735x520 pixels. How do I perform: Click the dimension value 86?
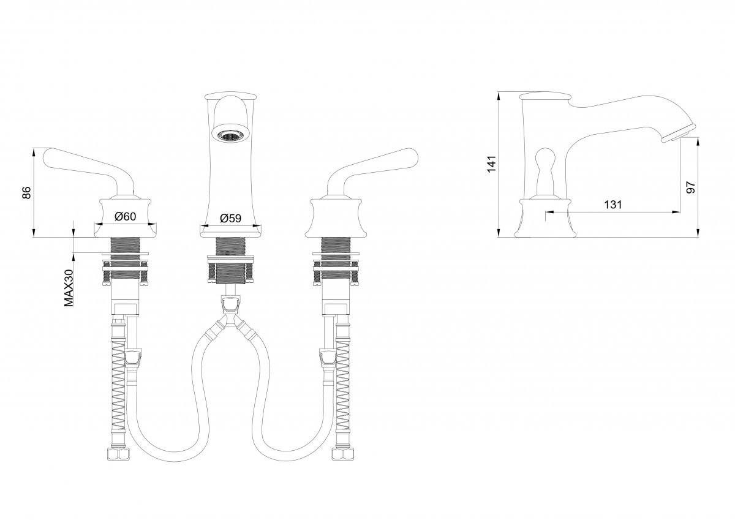pos(27,192)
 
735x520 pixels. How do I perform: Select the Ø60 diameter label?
pos(126,216)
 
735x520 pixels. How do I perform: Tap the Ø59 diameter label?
pos(231,218)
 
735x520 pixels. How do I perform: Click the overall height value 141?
pos(491,164)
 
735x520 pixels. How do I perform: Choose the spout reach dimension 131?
pos(613,205)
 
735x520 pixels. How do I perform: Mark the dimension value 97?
pos(691,187)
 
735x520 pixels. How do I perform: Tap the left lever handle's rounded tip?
pos(48,155)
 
